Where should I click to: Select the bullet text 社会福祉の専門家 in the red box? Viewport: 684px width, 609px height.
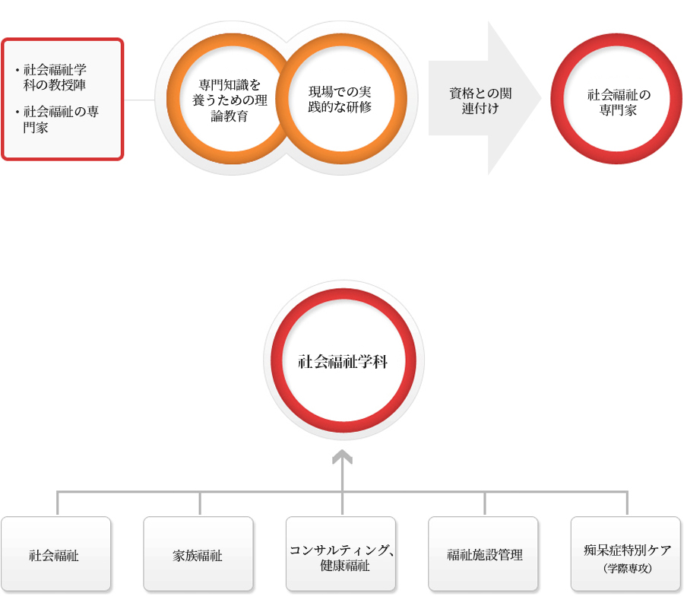pos(61,119)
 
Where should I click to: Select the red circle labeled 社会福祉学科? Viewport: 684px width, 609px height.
pos(343,361)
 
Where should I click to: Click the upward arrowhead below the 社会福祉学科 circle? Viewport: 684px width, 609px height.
pos(343,456)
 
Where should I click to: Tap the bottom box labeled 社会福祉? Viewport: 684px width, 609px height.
pos(55,554)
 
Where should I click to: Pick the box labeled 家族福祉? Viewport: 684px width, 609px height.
pos(198,554)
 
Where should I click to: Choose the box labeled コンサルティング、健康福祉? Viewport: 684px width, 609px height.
pos(340,554)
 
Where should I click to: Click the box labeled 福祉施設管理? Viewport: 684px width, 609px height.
pos(483,554)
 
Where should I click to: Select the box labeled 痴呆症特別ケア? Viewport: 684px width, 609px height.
pos(625,549)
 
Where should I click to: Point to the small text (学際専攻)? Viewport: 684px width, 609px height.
pos(625,568)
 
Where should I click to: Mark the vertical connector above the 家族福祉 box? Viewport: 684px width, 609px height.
pos(200,503)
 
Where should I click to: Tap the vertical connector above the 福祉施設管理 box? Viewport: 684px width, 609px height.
pos(485,503)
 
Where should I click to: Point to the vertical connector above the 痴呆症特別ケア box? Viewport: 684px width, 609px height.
pos(627,503)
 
